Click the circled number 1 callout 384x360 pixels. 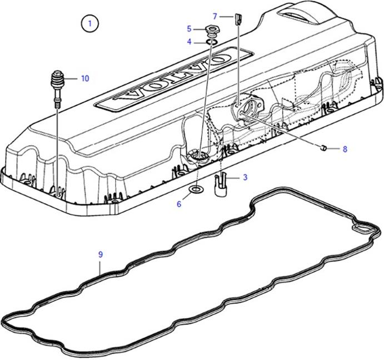pyautogui.click(x=89, y=23)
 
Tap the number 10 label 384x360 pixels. pyautogui.click(x=84, y=78)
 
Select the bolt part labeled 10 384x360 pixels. pyautogui.click(x=57, y=85)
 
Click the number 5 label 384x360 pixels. pyautogui.click(x=189, y=28)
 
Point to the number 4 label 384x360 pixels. pyautogui.click(x=189, y=42)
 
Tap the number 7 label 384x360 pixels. pyautogui.click(x=215, y=16)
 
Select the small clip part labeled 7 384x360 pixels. pyautogui.click(x=237, y=19)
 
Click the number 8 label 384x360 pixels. pyautogui.click(x=345, y=149)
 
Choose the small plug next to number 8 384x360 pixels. pyautogui.click(x=323, y=147)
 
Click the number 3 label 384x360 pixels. pyautogui.click(x=245, y=177)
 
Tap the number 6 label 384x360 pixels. pyautogui.click(x=179, y=204)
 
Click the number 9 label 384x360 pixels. pyautogui.click(x=101, y=254)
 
